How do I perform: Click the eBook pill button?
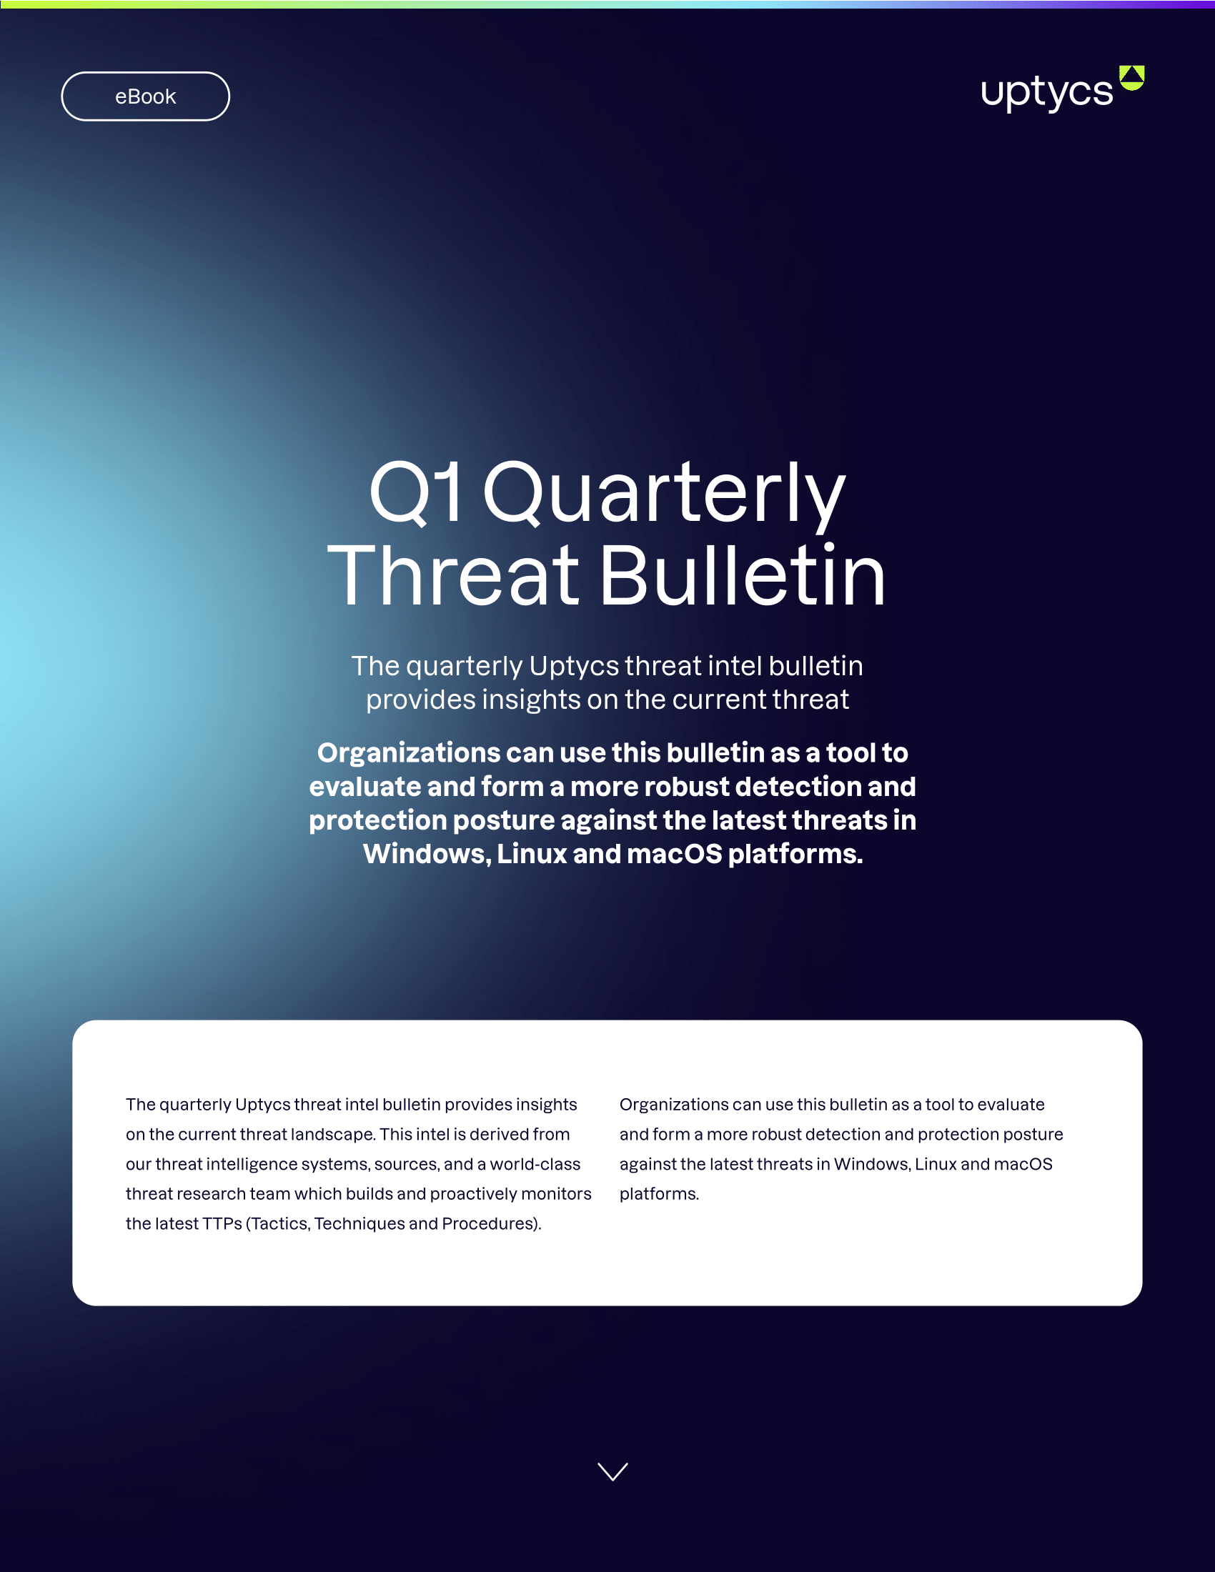coord(145,96)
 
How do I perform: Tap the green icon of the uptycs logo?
coord(1131,78)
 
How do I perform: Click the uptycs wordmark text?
coord(1046,93)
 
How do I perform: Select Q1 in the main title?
coord(415,494)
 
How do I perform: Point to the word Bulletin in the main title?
coord(742,576)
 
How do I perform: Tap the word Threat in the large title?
coord(452,576)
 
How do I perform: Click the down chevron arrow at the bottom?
coord(613,1471)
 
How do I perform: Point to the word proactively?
coord(474,1194)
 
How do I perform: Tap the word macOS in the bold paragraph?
coord(674,854)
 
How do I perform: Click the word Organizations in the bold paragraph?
coord(409,753)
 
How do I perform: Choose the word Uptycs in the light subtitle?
coord(574,667)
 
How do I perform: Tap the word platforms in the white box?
coord(659,1194)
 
